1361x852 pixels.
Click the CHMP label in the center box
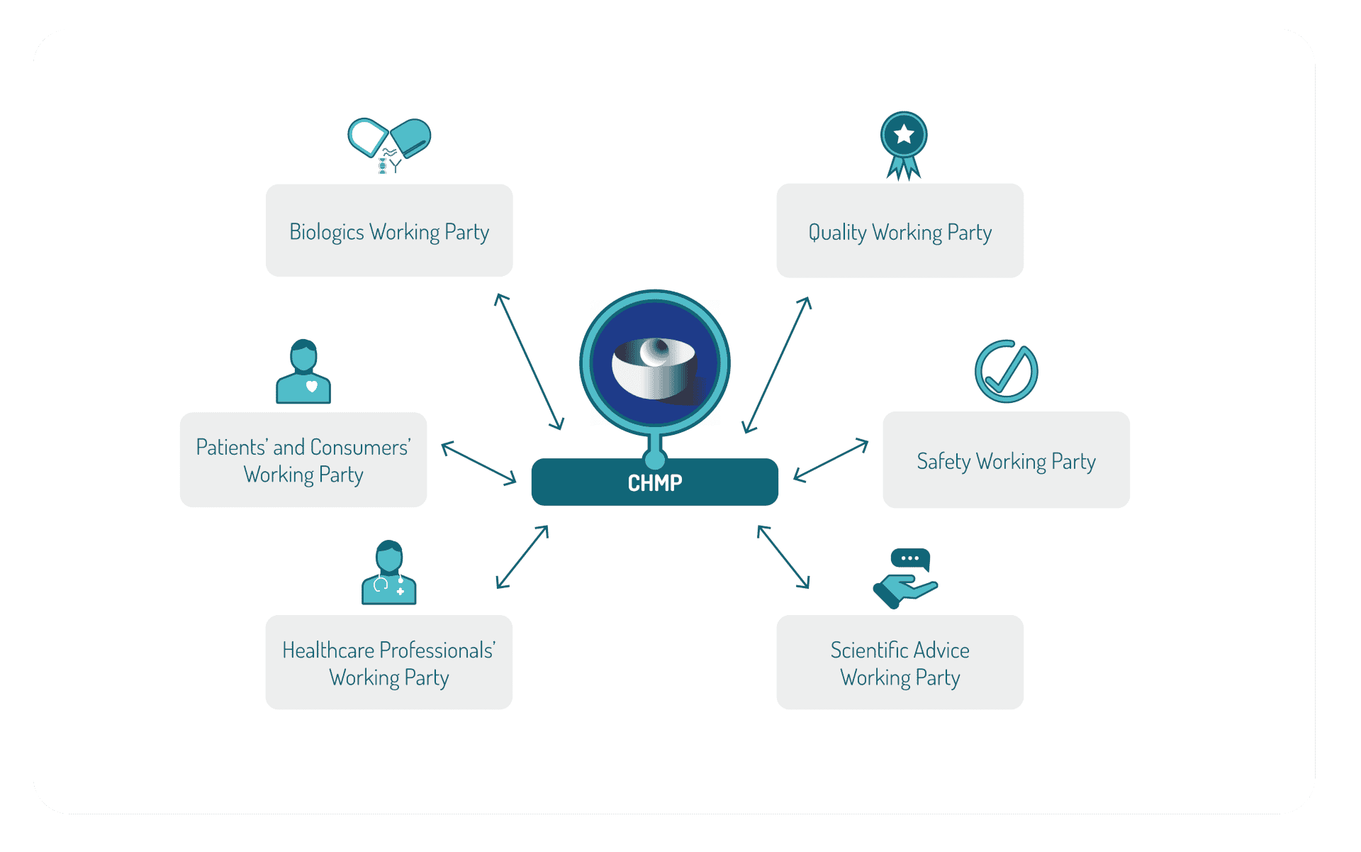coord(655,483)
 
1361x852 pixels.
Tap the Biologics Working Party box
coord(389,231)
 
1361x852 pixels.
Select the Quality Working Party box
coord(900,231)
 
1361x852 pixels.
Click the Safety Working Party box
coord(1006,460)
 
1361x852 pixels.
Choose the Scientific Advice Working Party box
coord(900,662)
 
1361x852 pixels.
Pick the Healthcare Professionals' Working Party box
coord(389,662)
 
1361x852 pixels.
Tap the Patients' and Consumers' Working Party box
coord(303,460)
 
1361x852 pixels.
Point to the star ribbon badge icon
coord(904,145)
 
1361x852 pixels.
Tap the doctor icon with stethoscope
coord(389,572)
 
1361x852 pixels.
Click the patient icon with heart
coord(303,372)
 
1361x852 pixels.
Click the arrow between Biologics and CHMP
coord(529,361)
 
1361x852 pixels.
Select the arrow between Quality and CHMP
coord(776,365)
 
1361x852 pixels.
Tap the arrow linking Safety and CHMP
coord(831,460)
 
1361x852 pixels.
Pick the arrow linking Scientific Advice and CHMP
coord(783,557)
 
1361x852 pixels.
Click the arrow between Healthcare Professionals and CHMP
coord(522,557)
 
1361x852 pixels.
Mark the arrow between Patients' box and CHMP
coord(478,463)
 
